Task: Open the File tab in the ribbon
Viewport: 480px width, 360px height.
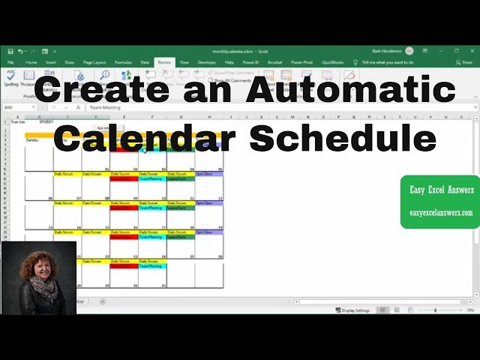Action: click(11, 62)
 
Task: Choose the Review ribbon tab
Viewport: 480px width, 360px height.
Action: click(164, 62)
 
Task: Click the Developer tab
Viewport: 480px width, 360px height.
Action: click(206, 62)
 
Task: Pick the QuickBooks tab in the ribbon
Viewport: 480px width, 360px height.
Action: click(333, 62)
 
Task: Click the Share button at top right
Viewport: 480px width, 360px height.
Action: click(465, 62)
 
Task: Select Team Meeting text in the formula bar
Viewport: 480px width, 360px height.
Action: click(104, 108)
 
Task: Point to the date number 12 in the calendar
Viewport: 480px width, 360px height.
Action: click(220, 198)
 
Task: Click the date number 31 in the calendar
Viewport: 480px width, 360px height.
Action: click(163, 286)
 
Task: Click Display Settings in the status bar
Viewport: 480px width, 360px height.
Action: click(352, 310)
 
